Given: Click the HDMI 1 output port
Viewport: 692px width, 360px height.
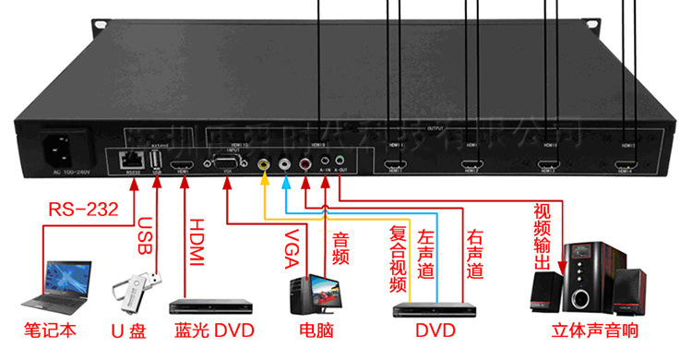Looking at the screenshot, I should [x=396, y=167].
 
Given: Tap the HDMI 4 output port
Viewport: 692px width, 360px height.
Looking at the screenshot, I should [x=627, y=167].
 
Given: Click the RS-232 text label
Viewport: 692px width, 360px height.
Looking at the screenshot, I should [x=83, y=210].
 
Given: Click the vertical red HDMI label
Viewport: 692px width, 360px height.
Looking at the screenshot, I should [x=195, y=245].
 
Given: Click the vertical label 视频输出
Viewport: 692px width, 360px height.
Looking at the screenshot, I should [x=543, y=235].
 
